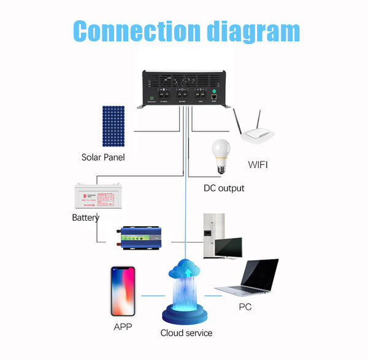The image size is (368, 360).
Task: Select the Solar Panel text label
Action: [103, 157]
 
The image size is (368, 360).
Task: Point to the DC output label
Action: [224, 188]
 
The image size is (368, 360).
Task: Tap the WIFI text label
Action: [258, 164]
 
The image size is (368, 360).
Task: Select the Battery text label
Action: [86, 218]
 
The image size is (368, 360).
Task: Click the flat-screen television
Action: [228, 247]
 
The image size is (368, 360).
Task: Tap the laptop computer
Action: [251, 281]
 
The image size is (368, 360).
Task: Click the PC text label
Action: [245, 307]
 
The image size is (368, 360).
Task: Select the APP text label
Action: [123, 327]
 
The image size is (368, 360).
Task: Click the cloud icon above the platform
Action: [186, 270]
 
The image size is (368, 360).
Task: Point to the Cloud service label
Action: [186, 332]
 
